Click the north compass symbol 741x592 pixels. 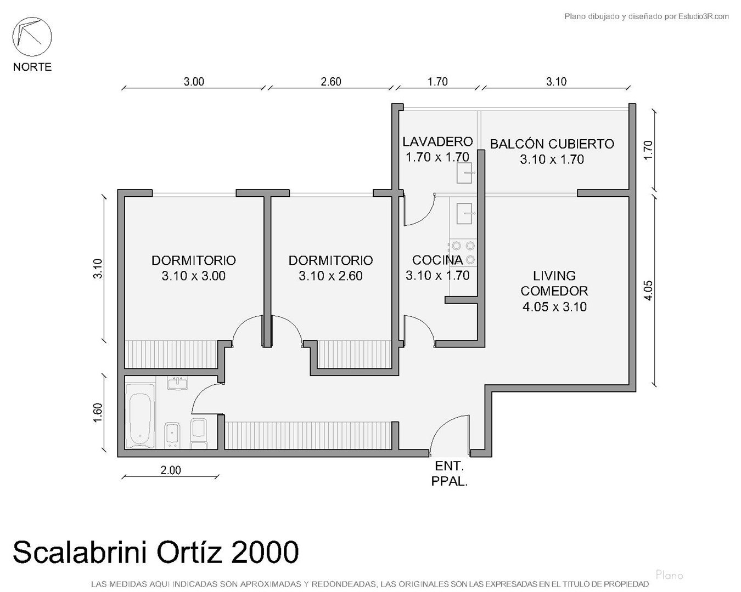tap(32, 37)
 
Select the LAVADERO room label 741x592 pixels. tap(437, 142)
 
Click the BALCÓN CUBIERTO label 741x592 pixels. tap(552, 144)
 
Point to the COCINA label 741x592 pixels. tap(437, 260)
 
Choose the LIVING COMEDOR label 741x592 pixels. tap(554, 283)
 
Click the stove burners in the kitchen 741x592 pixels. tap(463, 253)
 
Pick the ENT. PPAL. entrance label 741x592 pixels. tap(449, 474)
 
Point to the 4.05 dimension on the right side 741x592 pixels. tap(648, 291)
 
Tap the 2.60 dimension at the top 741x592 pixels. tap(330, 82)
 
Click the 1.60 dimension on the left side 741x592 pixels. tap(98, 412)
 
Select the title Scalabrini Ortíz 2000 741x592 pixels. tap(156, 552)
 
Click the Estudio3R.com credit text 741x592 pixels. tap(646, 16)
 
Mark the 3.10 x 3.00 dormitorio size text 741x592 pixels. tap(194, 276)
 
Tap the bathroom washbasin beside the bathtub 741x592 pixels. tap(178, 383)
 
